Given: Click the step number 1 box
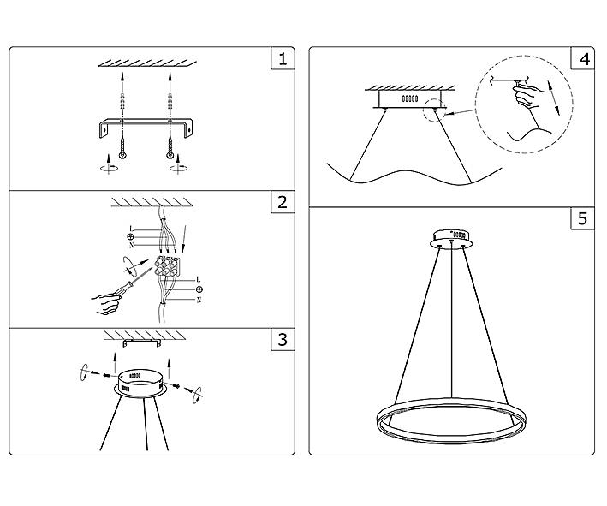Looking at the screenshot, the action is coord(283,58).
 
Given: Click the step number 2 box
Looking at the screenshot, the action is coord(283,202).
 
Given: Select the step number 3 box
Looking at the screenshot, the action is coord(283,340).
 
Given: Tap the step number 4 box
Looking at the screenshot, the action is coord(583,58).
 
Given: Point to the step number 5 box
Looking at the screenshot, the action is coord(583,218).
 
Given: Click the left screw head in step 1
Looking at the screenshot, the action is coord(122,156).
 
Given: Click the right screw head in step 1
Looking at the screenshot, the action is coord(170,156).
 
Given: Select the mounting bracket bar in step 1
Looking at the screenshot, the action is coord(146,128).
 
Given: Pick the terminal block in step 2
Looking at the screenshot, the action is coord(167,266).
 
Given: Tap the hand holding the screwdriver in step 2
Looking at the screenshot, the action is coord(106,304).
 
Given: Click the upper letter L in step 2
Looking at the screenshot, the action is coord(131,229).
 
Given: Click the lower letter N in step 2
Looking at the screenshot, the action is coord(199,300).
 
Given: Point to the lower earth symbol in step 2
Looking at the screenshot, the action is coord(199,289).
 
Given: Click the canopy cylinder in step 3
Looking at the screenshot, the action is coord(141,382).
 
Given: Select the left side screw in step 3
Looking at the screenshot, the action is coord(107,375).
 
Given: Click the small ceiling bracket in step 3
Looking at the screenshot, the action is coord(141,343).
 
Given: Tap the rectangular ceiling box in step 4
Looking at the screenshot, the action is coord(410,99).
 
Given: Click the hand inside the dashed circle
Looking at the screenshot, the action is coord(528,96).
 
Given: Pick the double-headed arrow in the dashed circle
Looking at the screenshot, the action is coord(554,98).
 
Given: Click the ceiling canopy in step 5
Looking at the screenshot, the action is coord(452,239).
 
